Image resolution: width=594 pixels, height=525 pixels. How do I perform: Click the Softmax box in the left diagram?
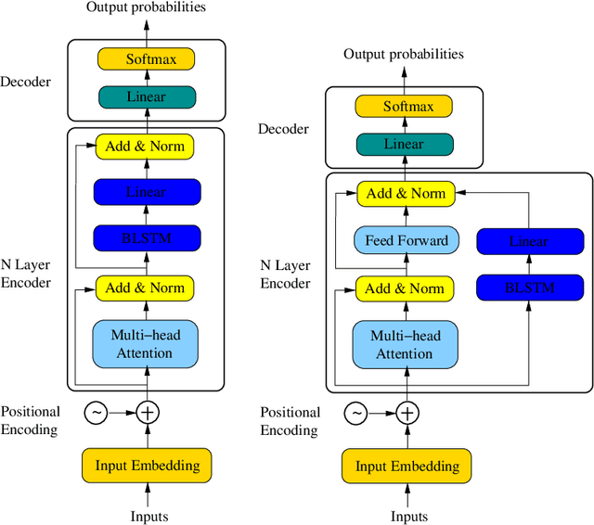click(x=146, y=59)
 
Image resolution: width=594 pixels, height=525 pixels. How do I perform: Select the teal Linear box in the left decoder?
click(x=146, y=96)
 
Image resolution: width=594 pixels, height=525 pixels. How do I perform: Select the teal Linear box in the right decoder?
click(x=404, y=144)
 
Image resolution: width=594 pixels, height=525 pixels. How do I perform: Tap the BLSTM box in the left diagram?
click(x=146, y=238)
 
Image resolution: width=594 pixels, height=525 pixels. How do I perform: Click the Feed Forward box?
click(x=406, y=240)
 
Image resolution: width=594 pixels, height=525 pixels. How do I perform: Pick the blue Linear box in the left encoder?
click(x=146, y=192)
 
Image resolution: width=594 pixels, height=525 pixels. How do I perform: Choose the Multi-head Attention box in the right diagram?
click(x=406, y=345)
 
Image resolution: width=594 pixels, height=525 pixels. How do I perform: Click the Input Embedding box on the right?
click(x=407, y=466)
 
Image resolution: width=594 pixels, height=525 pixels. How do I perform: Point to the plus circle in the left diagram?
click(x=148, y=412)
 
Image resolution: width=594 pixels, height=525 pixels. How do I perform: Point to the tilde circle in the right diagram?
click(x=355, y=413)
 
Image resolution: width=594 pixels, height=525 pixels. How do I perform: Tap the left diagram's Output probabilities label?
click(x=146, y=7)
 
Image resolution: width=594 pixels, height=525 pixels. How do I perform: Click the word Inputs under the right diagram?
click(x=408, y=517)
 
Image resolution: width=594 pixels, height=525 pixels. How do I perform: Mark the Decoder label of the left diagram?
click(x=25, y=82)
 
